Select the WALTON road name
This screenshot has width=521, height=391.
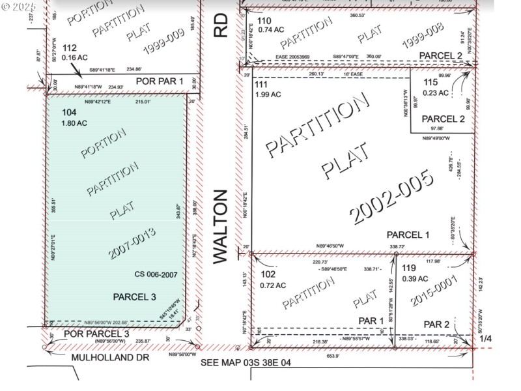click(221, 226)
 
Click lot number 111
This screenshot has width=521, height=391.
click(261, 85)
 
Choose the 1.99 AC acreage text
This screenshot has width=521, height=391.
click(269, 94)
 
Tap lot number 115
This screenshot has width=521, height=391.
click(430, 82)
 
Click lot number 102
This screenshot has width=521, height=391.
click(266, 275)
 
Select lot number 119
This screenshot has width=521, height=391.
click(409, 267)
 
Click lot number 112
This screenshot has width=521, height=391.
click(70, 47)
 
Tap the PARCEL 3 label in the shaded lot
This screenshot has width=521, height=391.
click(135, 297)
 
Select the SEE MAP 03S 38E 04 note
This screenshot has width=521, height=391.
click(246, 362)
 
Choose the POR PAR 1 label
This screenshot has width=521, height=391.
click(160, 80)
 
